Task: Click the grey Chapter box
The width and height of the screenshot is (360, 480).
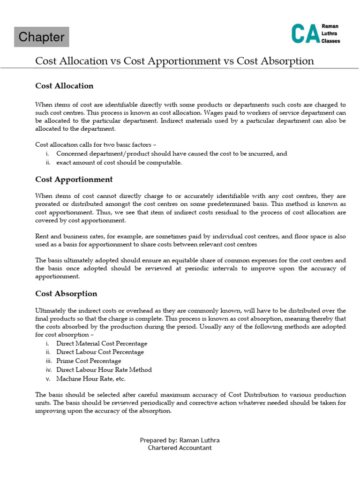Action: [41, 37]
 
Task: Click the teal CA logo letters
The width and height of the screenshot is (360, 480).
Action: [305, 34]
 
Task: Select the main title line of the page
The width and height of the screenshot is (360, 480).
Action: [175, 61]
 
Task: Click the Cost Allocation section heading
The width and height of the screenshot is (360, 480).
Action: [64, 86]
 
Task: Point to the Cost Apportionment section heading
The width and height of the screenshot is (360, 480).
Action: [74, 180]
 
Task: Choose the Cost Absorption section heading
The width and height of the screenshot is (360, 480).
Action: [66, 294]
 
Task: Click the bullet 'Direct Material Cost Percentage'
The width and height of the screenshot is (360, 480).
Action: [101, 344]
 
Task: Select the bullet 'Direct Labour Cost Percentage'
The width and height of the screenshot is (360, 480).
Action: [100, 352]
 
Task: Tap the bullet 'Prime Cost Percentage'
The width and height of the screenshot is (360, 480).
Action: [89, 361]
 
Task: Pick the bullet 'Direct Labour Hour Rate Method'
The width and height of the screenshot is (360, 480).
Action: [104, 370]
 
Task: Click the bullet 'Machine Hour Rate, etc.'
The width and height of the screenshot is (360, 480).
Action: [91, 379]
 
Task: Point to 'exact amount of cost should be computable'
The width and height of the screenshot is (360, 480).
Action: [119, 163]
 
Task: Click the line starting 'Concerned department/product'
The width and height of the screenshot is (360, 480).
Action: [172, 154]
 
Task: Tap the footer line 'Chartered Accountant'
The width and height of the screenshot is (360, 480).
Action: [180, 448]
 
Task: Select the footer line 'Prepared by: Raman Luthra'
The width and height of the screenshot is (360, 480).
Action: [180, 440]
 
